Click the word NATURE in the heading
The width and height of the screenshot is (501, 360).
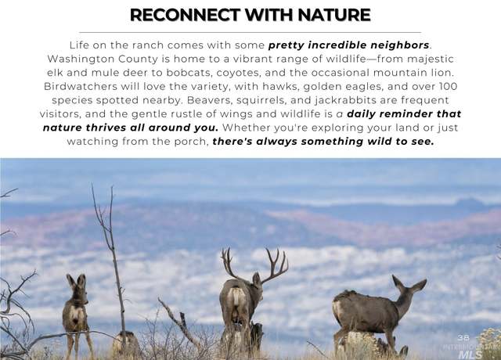[x=334, y=15]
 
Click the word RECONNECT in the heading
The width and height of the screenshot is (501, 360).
[x=185, y=15]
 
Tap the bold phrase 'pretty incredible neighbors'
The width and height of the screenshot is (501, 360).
[x=348, y=45]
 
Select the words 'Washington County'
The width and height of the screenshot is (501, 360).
[x=103, y=59]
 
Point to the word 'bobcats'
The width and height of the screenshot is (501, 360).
[x=189, y=73]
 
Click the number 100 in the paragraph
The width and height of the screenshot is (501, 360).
[x=449, y=86]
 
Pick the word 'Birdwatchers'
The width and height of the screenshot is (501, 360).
[x=81, y=86]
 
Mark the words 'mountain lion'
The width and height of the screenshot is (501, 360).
[x=413, y=73]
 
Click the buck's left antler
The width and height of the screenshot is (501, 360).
[x=229, y=263]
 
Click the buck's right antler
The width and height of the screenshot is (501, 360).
[x=276, y=266]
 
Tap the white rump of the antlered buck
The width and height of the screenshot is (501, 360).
[x=236, y=300]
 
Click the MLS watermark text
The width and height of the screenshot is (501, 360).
[x=470, y=355]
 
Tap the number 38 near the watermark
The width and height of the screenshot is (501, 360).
[x=463, y=337]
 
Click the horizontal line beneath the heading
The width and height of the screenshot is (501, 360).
[x=250, y=32]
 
